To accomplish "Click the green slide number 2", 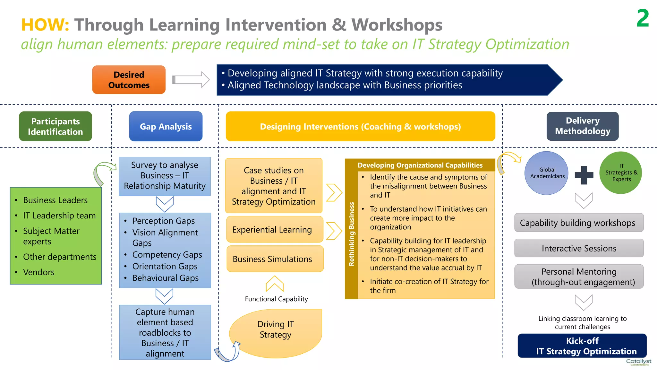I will click(643, 19).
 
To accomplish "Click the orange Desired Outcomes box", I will click(129, 80).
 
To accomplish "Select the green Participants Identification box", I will click(55, 127).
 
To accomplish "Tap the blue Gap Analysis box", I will click(166, 127).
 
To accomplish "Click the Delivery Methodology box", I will click(582, 126).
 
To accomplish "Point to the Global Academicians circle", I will click(547, 173).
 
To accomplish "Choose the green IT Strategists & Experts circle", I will click(621, 173).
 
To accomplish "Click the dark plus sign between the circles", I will click(584, 175).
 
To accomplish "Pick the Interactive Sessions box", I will click(579, 248).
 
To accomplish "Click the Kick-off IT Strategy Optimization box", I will click(582, 346).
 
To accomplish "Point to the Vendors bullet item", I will click(39, 272).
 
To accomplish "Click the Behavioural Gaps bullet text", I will click(165, 278).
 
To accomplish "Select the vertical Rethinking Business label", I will click(351, 234).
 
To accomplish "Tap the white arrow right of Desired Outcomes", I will click(191, 80).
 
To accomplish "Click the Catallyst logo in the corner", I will click(638, 362).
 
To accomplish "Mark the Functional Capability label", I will click(276, 299).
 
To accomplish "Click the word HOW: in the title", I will click(45, 25).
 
